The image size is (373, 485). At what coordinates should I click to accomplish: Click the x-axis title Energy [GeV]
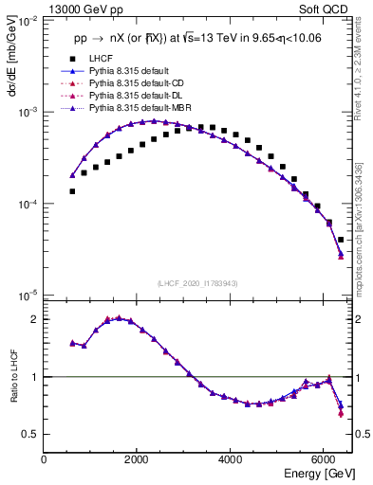313,473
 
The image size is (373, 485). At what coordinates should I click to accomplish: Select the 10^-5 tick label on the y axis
27,295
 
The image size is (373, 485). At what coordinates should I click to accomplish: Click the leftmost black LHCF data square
72,191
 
